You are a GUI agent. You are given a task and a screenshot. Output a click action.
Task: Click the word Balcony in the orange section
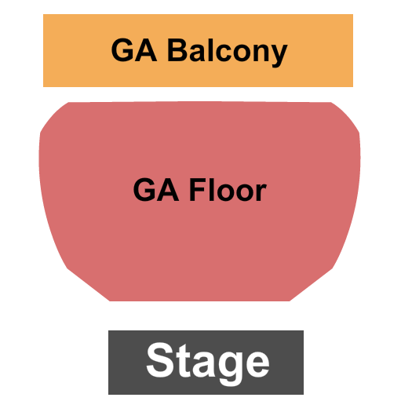[x=227, y=52]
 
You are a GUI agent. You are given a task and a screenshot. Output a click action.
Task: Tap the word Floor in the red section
[x=228, y=190]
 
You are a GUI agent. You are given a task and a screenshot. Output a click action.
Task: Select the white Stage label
[x=207, y=362]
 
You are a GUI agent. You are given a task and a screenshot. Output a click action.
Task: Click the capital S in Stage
[x=159, y=362]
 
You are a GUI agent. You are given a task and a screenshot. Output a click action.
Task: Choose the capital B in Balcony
[x=177, y=51]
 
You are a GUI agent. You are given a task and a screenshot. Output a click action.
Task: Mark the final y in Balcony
[x=279, y=55]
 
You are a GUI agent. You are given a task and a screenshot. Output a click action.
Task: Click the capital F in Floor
[x=197, y=190]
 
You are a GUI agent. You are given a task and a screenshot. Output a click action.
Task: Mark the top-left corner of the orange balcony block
[x=43, y=16]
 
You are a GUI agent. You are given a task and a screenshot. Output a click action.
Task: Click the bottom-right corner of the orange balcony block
[x=352, y=86]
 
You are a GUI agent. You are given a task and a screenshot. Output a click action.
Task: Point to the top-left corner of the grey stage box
[x=108, y=331]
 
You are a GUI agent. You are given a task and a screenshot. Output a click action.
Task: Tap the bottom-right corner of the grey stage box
[x=303, y=394]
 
